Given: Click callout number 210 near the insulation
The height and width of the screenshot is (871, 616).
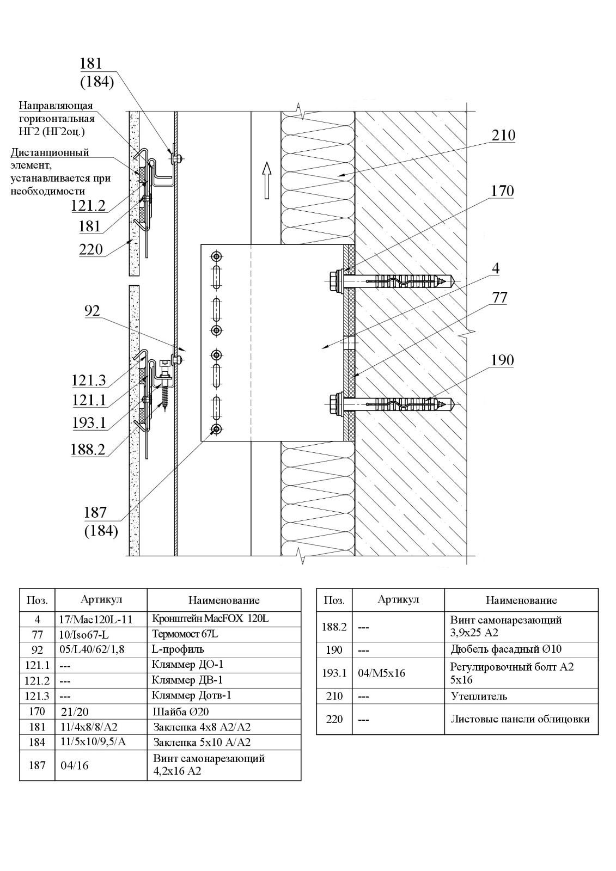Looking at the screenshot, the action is [x=503, y=136].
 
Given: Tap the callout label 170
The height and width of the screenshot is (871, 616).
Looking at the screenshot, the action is [x=502, y=191].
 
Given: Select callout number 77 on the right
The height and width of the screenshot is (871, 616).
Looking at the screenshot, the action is [x=499, y=297].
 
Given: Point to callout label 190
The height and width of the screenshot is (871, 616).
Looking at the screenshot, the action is [x=502, y=360].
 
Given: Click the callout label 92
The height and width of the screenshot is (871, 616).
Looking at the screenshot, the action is [x=92, y=311].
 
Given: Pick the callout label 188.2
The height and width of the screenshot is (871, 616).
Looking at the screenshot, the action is [x=88, y=450].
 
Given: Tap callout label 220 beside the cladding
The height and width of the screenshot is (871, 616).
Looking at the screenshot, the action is [x=91, y=249].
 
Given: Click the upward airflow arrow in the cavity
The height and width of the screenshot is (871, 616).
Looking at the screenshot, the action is [x=266, y=180].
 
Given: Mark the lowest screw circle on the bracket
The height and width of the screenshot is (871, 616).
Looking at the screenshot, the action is [x=216, y=430].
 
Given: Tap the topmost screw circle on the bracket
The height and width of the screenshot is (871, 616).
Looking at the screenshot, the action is [x=216, y=256].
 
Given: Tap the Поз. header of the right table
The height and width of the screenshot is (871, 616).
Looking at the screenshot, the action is [x=334, y=600].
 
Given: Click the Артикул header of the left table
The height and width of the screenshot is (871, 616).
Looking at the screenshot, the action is [x=101, y=599].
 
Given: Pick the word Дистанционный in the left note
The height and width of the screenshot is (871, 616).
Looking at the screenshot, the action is [x=50, y=152].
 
